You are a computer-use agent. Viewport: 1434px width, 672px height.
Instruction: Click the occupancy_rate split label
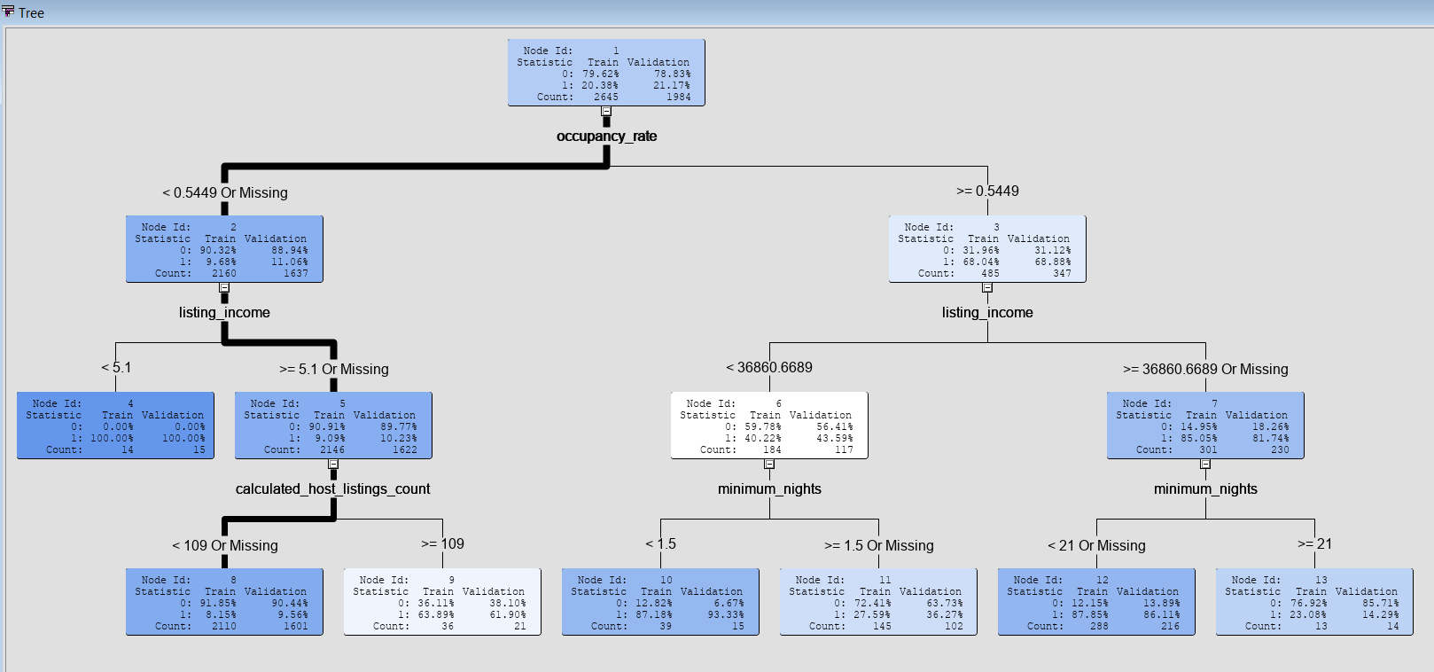click(x=606, y=136)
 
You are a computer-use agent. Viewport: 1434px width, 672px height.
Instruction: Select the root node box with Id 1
click(x=606, y=73)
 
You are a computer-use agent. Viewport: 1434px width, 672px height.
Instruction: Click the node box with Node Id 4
click(x=115, y=426)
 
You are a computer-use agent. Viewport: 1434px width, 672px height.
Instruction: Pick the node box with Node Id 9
click(x=441, y=602)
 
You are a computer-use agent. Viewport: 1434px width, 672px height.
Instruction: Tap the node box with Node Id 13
click(x=1313, y=602)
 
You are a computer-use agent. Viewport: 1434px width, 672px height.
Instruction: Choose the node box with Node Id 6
click(x=768, y=426)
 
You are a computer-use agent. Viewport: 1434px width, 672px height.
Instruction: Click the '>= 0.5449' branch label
click(x=987, y=191)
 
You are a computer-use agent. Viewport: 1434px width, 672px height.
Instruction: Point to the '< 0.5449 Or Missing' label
click(x=224, y=192)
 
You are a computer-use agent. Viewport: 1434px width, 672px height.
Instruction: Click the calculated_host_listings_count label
click(x=332, y=488)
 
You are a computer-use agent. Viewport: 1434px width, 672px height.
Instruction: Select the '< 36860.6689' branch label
click(x=768, y=367)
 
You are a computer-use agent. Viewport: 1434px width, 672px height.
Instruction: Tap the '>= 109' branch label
click(x=442, y=543)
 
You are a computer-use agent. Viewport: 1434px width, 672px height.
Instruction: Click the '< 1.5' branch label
click(x=660, y=543)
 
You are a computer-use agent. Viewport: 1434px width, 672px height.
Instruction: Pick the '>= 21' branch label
click(x=1314, y=543)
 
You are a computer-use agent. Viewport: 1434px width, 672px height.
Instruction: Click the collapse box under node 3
click(x=987, y=287)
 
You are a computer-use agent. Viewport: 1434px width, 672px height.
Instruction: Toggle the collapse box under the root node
click(x=606, y=111)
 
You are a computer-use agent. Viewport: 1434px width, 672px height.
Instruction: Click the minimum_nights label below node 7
click(x=1205, y=488)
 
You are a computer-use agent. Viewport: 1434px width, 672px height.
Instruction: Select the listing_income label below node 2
click(x=224, y=312)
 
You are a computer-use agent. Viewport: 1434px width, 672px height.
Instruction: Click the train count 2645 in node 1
click(x=606, y=97)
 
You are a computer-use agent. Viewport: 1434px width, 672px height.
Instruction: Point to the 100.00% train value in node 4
click(x=112, y=438)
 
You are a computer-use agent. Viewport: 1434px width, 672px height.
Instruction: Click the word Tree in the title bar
click(x=31, y=12)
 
